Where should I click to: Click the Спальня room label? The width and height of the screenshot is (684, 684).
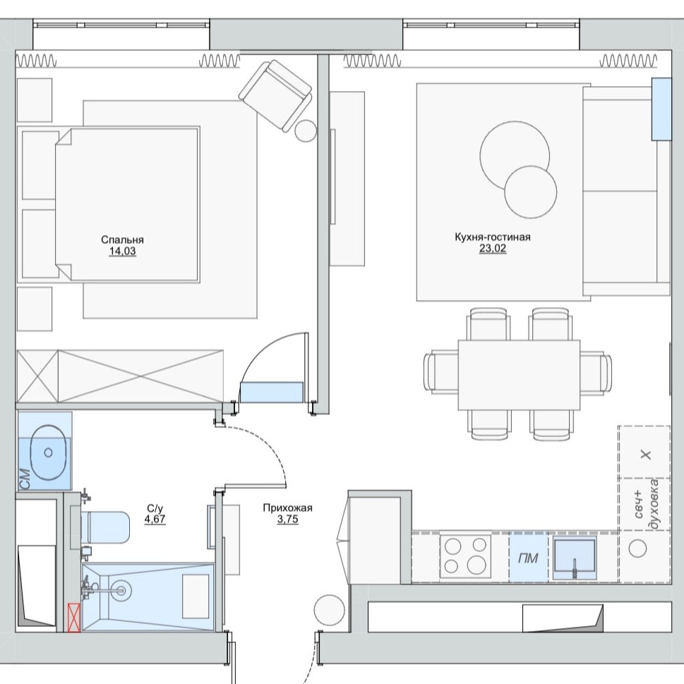coord(122,239)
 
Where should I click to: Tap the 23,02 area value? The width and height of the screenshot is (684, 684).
coord(493,248)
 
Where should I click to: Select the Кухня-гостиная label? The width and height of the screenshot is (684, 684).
coord(493,237)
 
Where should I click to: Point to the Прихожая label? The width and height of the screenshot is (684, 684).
coord(287,508)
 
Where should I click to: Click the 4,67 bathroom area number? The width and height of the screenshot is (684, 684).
coord(155,519)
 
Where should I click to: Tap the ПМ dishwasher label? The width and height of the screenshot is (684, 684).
coord(528,558)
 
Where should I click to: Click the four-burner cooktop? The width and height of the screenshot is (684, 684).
coord(465,556)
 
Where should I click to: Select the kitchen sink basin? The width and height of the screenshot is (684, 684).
coord(575,557)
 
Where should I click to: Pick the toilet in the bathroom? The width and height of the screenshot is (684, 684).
coord(105,527)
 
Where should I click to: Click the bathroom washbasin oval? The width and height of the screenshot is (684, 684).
coord(48,452)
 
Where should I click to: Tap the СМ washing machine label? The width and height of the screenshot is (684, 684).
coord(25,479)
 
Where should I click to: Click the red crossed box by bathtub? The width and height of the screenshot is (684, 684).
coord(74,617)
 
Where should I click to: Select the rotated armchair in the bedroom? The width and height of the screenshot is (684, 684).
coord(275,95)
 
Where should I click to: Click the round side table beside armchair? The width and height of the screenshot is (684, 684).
coord(306,131)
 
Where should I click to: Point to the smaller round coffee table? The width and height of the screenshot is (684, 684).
coord(530,192)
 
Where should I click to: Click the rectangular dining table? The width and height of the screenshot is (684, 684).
coord(519,375)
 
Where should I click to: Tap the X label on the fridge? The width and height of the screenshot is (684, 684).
coord(646,455)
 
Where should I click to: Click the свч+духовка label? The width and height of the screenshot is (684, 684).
coord(646,504)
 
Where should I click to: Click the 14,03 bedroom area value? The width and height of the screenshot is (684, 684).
coord(122,251)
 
